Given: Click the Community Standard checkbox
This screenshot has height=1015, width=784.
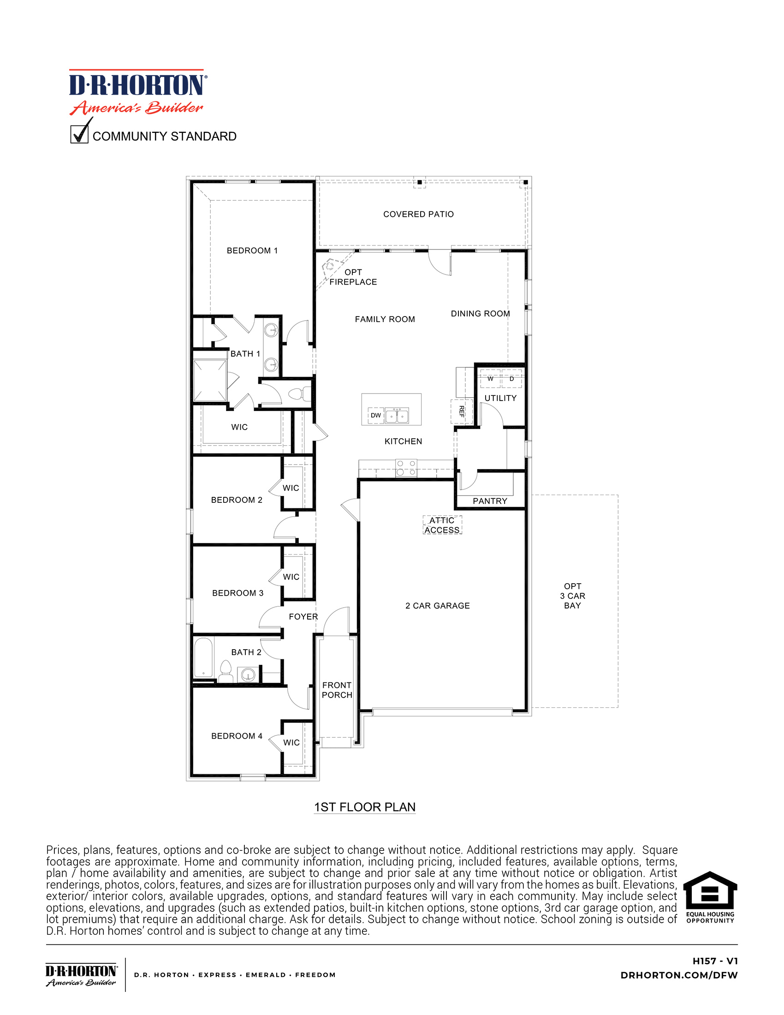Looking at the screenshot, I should point(79,134).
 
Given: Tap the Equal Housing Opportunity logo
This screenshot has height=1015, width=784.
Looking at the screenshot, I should point(710,897).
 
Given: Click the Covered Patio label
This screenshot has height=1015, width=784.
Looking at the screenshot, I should point(418,214).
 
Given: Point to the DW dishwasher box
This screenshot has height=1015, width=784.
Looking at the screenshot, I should point(375,416).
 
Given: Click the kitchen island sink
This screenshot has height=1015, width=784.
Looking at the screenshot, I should point(397,416).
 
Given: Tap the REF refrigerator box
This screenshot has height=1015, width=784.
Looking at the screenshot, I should point(461,411).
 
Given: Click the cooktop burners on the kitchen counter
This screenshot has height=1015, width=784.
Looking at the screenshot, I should point(406,468).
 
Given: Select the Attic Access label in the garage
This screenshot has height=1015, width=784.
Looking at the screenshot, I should point(442,525).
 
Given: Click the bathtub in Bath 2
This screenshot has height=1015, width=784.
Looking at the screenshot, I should point(203,657).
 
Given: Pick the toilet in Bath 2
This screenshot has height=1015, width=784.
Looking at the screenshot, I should point(226,672).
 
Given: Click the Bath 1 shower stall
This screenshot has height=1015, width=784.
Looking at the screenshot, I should point(210,381).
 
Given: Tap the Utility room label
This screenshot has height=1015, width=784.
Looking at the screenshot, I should point(500,398).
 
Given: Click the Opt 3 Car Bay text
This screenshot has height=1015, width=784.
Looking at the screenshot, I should point(572,596).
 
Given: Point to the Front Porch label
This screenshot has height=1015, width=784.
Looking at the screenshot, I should point(337,690).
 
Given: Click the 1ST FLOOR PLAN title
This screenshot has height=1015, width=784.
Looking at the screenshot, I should point(365,807).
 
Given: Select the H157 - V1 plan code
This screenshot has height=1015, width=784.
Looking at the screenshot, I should point(715,961).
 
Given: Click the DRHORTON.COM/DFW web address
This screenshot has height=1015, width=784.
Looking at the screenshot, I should point(678,975).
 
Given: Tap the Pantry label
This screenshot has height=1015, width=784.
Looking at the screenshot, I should point(489,501).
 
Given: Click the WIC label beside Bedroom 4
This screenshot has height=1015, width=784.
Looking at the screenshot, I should point(291,743).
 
